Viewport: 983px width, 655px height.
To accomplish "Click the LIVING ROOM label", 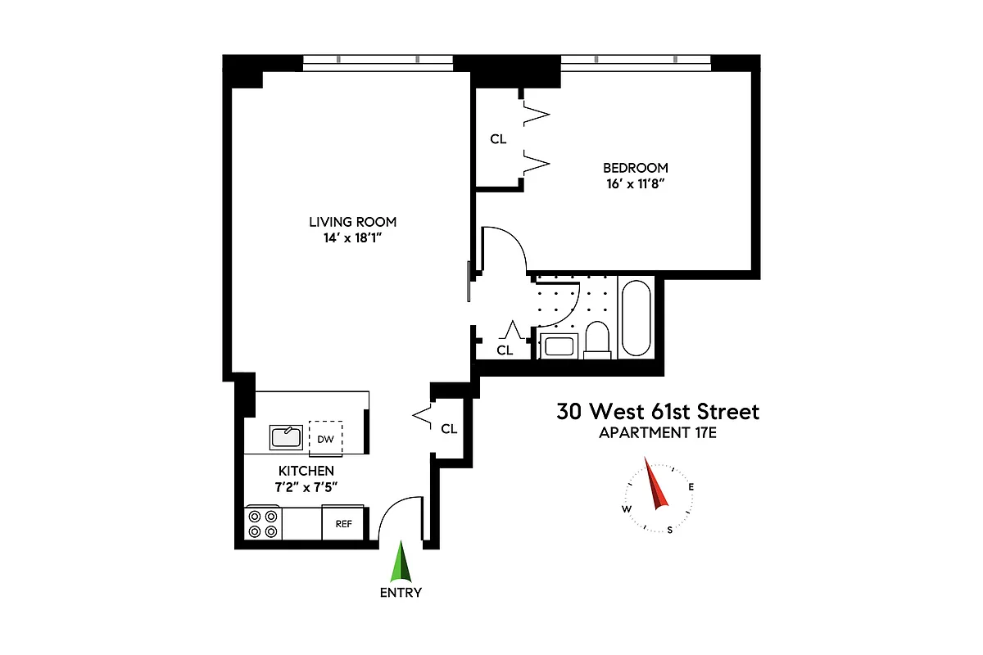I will coord(352,221).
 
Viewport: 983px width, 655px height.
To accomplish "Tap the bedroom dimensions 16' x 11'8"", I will coord(632,185).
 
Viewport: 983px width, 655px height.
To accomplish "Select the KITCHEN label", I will coord(306,471).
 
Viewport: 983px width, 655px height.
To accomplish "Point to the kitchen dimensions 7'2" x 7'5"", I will coord(306,487).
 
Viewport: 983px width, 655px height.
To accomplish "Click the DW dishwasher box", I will coord(325,439).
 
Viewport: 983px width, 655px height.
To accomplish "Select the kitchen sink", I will coord(286,437).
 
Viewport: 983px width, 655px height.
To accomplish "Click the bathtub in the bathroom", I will coord(636,318).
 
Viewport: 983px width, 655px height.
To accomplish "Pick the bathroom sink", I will coord(559,345).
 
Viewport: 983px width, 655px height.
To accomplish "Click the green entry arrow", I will coord(401,562).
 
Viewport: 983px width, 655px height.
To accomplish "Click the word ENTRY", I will coord(401,593).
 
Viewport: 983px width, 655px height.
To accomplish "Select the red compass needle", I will coord(657,485).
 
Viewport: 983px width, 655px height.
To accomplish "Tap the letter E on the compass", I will coord(691,487).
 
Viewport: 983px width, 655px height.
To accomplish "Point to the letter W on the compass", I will coord(627,509).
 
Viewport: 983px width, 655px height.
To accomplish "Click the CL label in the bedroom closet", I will coord(498,139).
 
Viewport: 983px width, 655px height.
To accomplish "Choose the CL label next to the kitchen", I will coord(449,428).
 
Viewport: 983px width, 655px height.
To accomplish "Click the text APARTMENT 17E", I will coord(658,433).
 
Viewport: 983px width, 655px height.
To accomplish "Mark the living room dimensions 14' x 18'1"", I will coord(352,238).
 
